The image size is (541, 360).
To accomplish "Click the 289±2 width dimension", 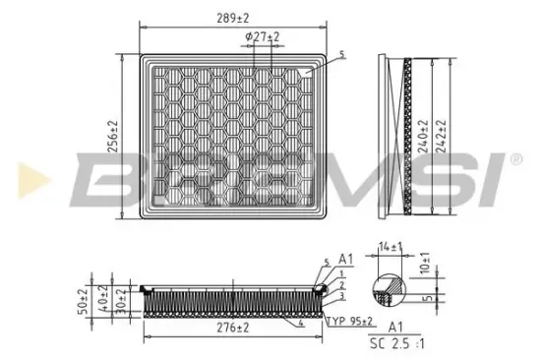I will (234, 17).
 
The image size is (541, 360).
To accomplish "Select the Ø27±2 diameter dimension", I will (263, 37).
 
